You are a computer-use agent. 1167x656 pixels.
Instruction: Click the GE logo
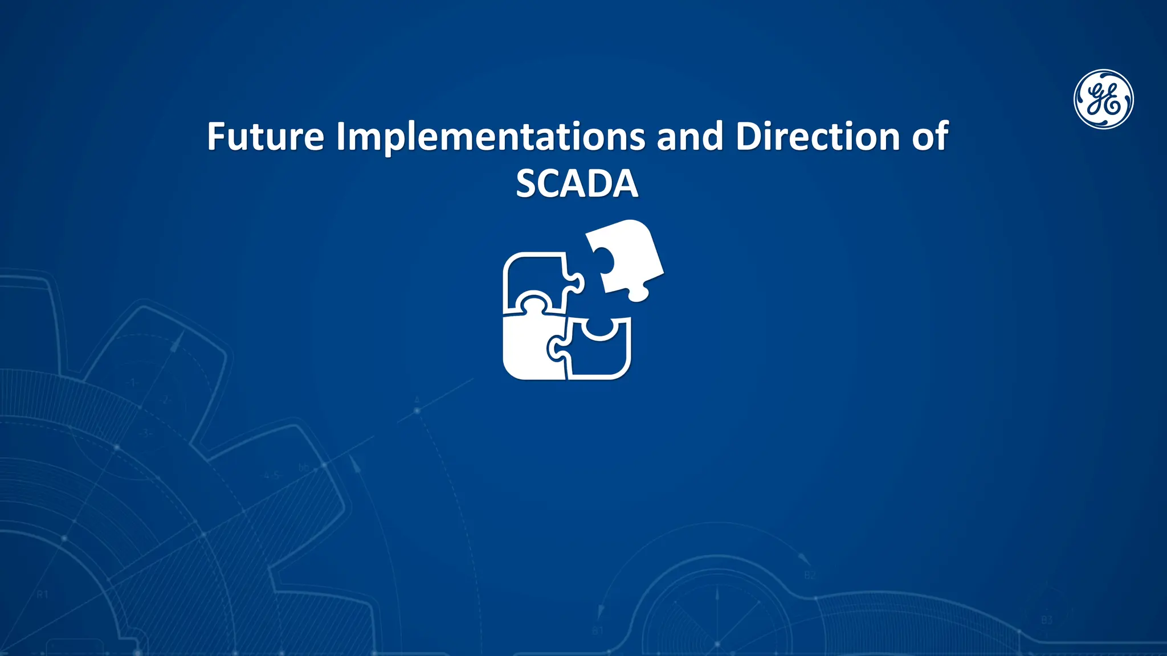[1104, 99]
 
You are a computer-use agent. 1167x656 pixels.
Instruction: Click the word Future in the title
[265, 137]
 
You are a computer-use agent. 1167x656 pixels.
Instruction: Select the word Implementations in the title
[491, 137]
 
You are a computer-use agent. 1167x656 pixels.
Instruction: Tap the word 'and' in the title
[689, 137]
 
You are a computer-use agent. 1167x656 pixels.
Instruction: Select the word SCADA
[577, 183]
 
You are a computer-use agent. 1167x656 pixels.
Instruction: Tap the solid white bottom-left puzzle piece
[527, 347]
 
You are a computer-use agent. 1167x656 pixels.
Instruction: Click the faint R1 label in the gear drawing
[43, 594]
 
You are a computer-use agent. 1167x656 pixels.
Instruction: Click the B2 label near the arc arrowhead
[810, 575]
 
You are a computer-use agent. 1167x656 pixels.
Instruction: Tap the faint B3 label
[1047, 620]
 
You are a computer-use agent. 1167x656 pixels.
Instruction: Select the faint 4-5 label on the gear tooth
[272, 475]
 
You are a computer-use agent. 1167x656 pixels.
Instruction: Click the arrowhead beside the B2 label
[803, 558]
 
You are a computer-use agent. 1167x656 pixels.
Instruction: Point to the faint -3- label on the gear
[145, 433]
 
